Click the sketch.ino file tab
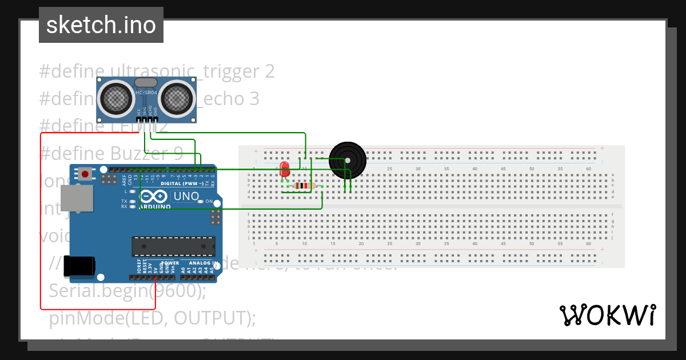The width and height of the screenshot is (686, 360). point(101,25)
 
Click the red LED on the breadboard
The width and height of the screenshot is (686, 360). point(285,169)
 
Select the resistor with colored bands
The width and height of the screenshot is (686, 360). point(304,186)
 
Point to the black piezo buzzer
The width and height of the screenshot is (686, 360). point(347,160)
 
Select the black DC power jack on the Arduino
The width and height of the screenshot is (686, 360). point(79,266)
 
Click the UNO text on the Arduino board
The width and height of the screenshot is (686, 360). point(186,197)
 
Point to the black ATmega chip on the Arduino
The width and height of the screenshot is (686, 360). point(173,246)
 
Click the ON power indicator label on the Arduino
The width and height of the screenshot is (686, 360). point(209,202)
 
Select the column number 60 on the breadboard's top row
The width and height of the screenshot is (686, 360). point(588,169)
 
